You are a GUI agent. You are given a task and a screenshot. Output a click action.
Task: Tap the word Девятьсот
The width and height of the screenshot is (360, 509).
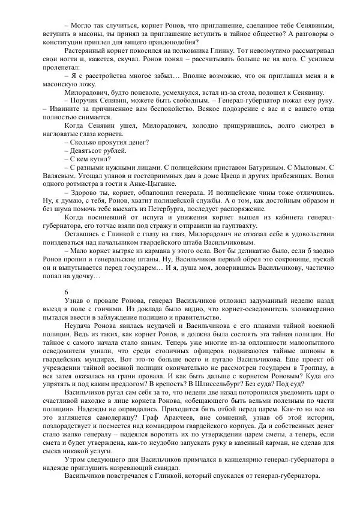[88, 150]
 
